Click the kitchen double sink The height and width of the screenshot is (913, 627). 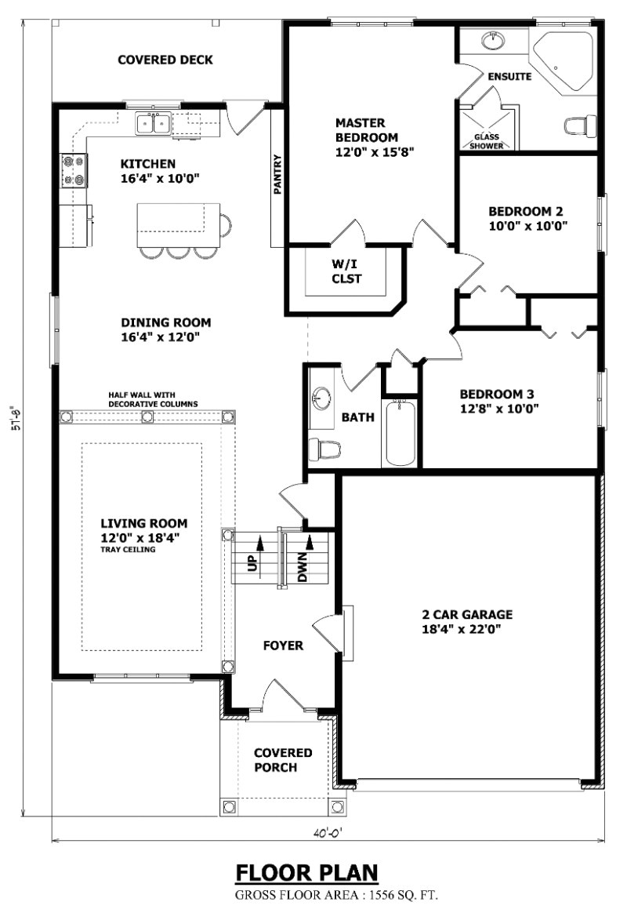click(x=154, y=124)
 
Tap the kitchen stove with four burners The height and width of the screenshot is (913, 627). click(x=74, y=171)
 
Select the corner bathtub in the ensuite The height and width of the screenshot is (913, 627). click(x=564, y=62)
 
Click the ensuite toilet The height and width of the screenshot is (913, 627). click(x=581, y=125)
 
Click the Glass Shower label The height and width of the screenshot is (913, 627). click(x=486, y=141)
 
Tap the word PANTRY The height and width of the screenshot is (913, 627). click(x=278, y=174)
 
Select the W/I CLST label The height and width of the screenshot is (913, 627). click(x=346, y=271)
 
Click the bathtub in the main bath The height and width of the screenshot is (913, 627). click(x=400, y=431)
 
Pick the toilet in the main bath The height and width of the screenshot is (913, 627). click(x=324, y=449)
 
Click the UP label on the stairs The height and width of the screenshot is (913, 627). click(x=252, y=563)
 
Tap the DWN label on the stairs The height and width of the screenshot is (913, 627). click(x=302, y=568)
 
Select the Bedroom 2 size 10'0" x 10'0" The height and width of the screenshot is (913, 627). click(x=527, y=226)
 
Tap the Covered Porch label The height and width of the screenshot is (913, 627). click(x=283, y=760)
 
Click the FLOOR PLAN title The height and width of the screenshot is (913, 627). click(x=306, y=873)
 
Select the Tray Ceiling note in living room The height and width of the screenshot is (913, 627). click(x=128, y=549)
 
